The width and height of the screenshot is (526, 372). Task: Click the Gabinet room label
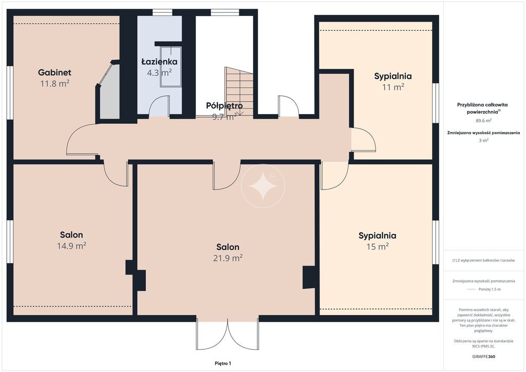click(54, 72)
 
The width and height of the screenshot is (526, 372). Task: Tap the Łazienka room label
click(159, 61)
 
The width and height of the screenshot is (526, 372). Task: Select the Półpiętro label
click(224, 106)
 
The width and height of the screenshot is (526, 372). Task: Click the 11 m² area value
click(393, 87)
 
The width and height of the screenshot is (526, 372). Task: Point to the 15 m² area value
click(378, 247)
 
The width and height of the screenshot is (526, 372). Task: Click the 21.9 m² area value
click(228, 258)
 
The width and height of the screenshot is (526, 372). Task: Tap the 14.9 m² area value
click(71, 246)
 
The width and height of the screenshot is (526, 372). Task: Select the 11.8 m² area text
click(54, 83)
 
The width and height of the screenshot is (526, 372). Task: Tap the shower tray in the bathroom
click(171, 67)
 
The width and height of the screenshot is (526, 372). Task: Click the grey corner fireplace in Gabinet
click(108, 90)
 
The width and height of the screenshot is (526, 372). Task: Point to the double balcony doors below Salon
click(228, 334)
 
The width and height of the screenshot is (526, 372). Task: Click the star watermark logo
click(263, 186)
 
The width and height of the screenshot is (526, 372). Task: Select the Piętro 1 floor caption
click(223, 363)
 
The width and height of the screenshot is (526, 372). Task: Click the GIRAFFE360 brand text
click(483, 357)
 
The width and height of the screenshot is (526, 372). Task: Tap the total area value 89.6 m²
click(484, 120)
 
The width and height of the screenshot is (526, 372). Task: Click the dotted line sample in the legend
click(471, 289)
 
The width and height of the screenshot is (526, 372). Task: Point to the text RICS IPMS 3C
click(483, 346)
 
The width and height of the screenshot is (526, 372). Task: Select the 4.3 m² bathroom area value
click(159, 72)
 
